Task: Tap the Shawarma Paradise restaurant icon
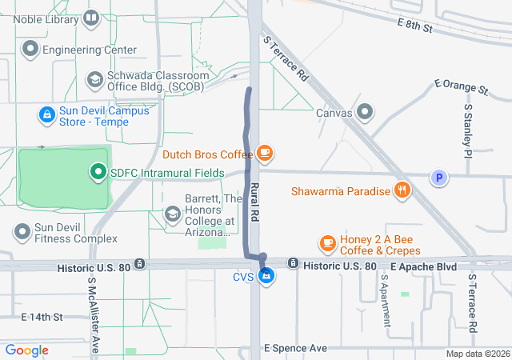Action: coord(402,191)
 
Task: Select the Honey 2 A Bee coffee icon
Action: coord(326,242)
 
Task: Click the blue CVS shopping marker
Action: coord(267,277)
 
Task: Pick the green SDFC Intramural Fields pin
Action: coord(98,171)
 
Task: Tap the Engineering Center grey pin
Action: coord(31,50)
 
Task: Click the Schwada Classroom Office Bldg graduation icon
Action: coord(94,80)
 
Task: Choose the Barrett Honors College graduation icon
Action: coord(172,214)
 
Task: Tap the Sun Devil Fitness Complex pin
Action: coord(22,232)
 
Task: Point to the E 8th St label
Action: coord(414,27)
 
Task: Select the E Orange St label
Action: coord(461,85)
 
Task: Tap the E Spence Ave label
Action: coord(296,349)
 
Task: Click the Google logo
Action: coord(27,350)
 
